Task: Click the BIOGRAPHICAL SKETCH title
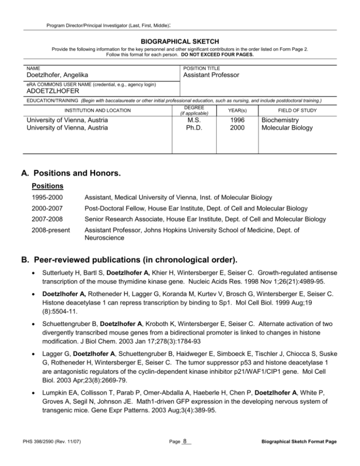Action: point(180,41)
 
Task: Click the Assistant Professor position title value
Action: point(211,75)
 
